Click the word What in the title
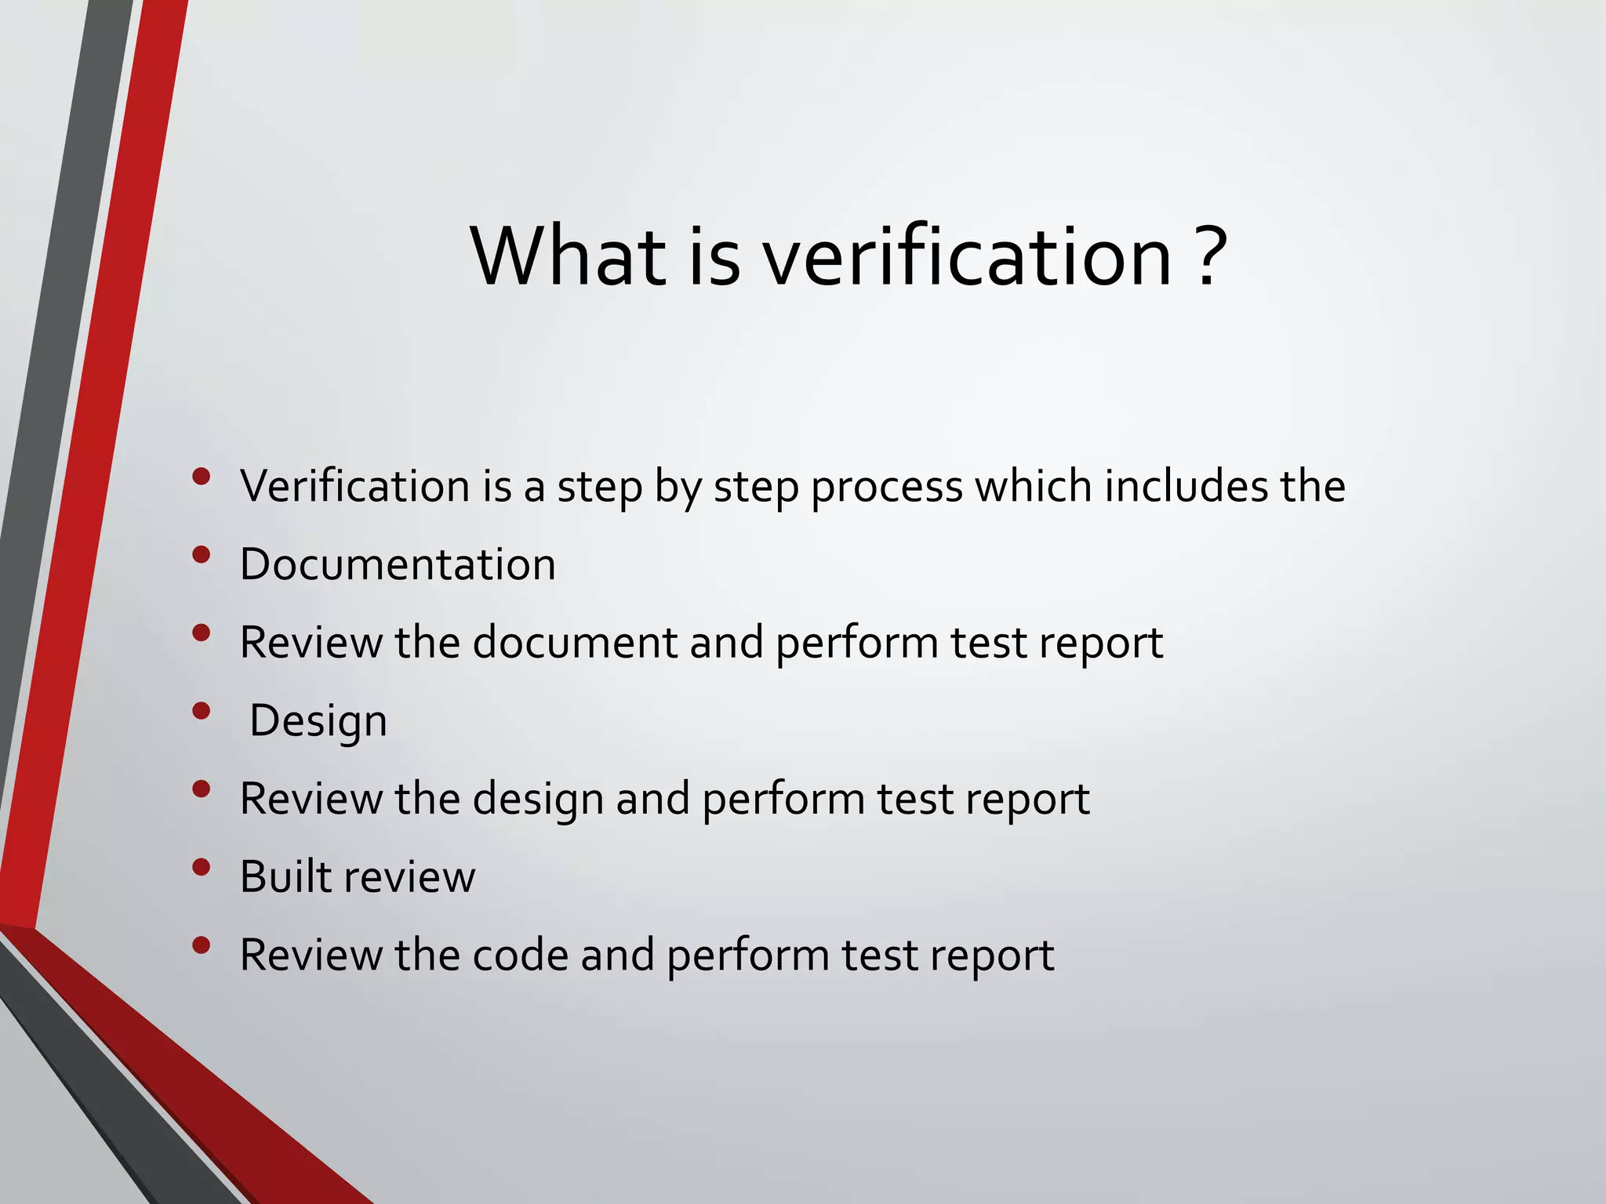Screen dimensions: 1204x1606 [x=569, y=256]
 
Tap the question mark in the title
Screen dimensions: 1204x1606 [x=1212, y=256]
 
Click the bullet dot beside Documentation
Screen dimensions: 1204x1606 [x=202, y=554]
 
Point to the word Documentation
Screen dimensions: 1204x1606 [x=398, y=564]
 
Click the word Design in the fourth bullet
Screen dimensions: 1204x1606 [x=318, y=721]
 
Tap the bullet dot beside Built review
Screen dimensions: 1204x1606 [x=202, y=866]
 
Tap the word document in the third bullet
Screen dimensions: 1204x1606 [x=576, y=643]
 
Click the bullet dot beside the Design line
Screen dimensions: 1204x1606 [x=202, y=710]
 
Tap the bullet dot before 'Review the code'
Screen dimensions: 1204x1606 [x=202, y=945]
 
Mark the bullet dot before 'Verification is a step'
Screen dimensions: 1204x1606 [x=202, y=476]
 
